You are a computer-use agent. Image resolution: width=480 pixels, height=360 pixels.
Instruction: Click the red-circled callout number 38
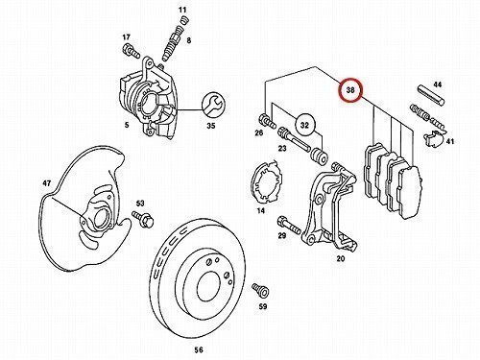tap(350, 90)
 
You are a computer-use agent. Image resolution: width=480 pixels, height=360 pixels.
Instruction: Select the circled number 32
tap(304, 125)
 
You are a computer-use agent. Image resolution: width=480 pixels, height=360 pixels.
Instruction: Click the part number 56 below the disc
tap(199, 350)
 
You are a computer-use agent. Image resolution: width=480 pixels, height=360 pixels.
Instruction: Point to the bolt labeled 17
tap(132, 51)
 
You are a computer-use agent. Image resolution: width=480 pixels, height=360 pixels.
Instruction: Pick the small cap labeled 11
tap(182, 21)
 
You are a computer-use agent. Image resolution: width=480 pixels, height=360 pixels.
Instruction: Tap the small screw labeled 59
tap(260, 290)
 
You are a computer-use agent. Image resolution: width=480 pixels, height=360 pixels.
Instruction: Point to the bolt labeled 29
tap(289, 225)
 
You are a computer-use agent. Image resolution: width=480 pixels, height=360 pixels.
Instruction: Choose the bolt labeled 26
tap(267, 121)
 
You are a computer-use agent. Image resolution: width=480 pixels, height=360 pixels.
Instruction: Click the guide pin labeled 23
tap(294, 140)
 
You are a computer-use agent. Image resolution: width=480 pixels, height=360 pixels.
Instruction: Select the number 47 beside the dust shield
tap(47, 183)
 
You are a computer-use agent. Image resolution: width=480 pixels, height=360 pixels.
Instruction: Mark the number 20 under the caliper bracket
tap(341, 258)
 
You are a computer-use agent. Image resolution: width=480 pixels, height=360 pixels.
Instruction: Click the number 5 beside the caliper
tap(127, 125)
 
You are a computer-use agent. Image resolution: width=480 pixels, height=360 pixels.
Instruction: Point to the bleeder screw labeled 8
tap(173, 45)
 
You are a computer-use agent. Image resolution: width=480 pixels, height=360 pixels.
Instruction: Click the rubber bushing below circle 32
tap(319, 156)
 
